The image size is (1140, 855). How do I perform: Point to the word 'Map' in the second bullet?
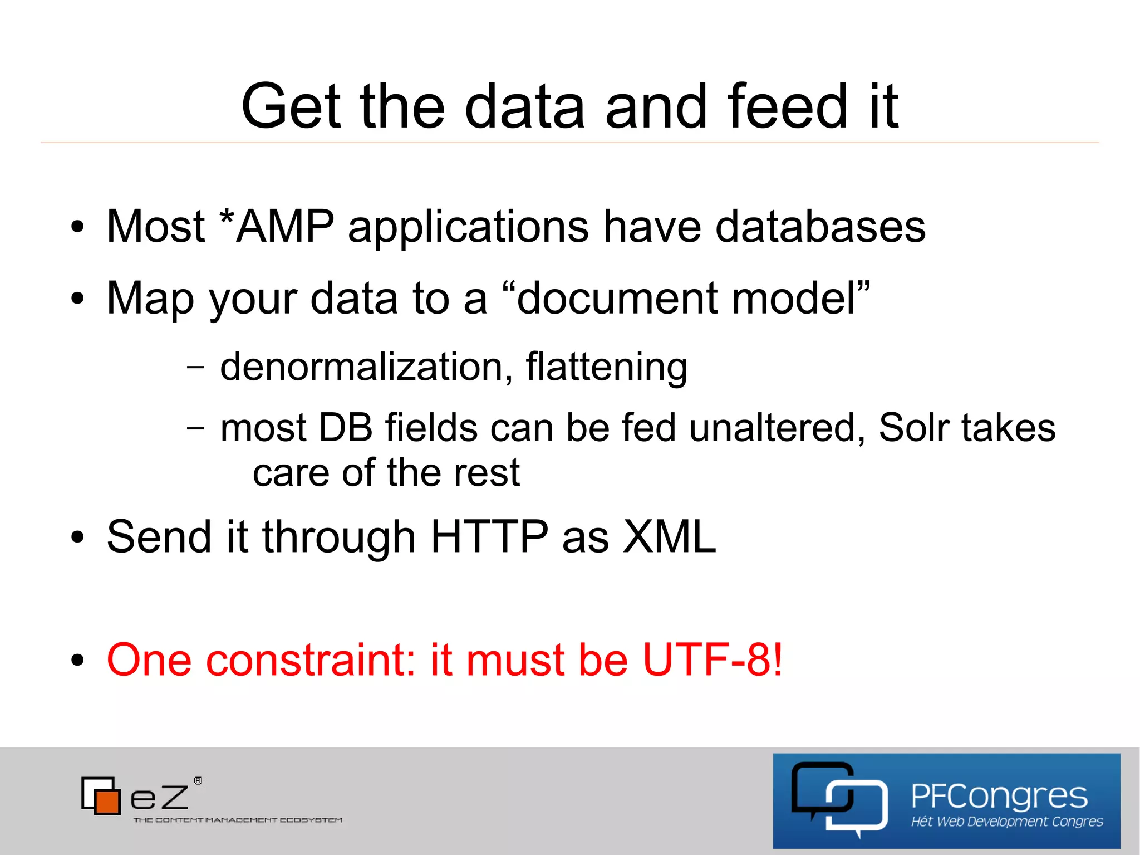[x=151, y=299]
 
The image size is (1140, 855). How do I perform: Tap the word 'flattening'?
[x=606, y=367]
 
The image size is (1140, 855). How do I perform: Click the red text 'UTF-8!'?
[x=712, y=659]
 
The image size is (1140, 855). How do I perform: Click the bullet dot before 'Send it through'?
[x=77, y=538]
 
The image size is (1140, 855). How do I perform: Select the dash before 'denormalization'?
[x=195, y=367]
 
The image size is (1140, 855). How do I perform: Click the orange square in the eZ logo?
[x=107, y=801]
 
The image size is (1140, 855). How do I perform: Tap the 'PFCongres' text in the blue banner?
[x=999, y=796]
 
